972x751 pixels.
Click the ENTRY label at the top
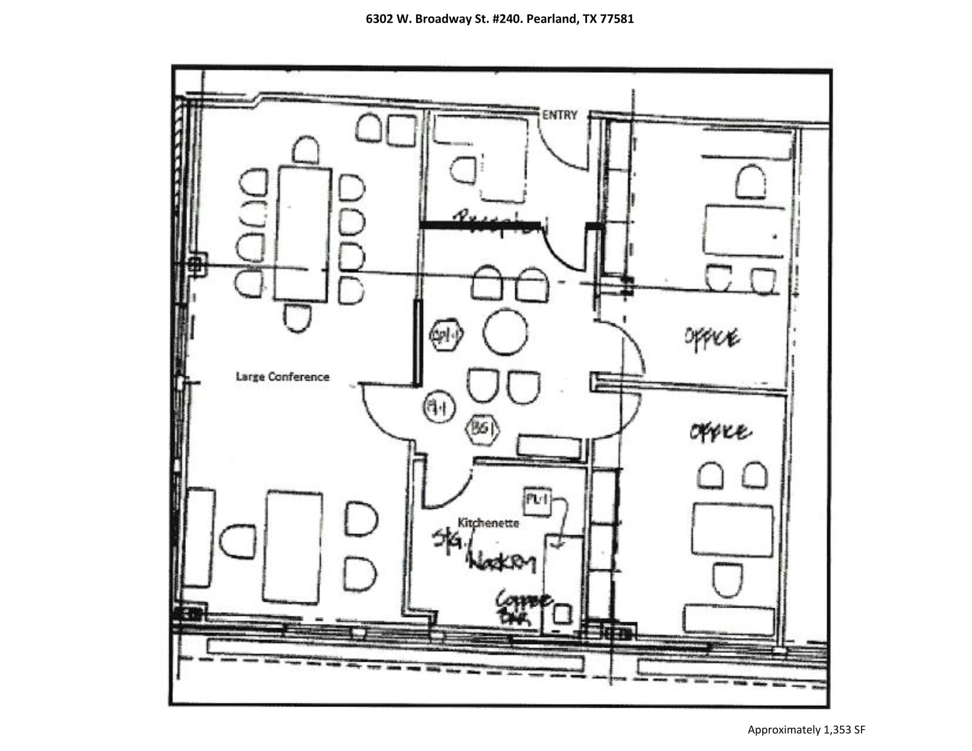tap(560, 115)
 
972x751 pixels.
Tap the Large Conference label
tap(282, 377)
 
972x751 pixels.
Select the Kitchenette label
tap(488, 523)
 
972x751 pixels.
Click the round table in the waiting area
tap(505, 332)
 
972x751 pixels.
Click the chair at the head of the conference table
tap(306, 149)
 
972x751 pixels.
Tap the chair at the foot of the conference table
tap(298, 317)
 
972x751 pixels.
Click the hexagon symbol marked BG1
tap(483, 430)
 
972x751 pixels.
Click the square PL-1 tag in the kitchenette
tap(537, 501)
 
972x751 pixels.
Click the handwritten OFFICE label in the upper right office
tap(711, 338)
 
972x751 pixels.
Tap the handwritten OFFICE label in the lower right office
tap(720, 432)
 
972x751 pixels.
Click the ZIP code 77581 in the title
tap(617, 19)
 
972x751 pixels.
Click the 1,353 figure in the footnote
tap(837, 730)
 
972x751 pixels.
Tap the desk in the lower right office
tap(732, 530)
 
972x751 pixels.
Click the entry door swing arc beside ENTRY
tap(562, 147)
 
